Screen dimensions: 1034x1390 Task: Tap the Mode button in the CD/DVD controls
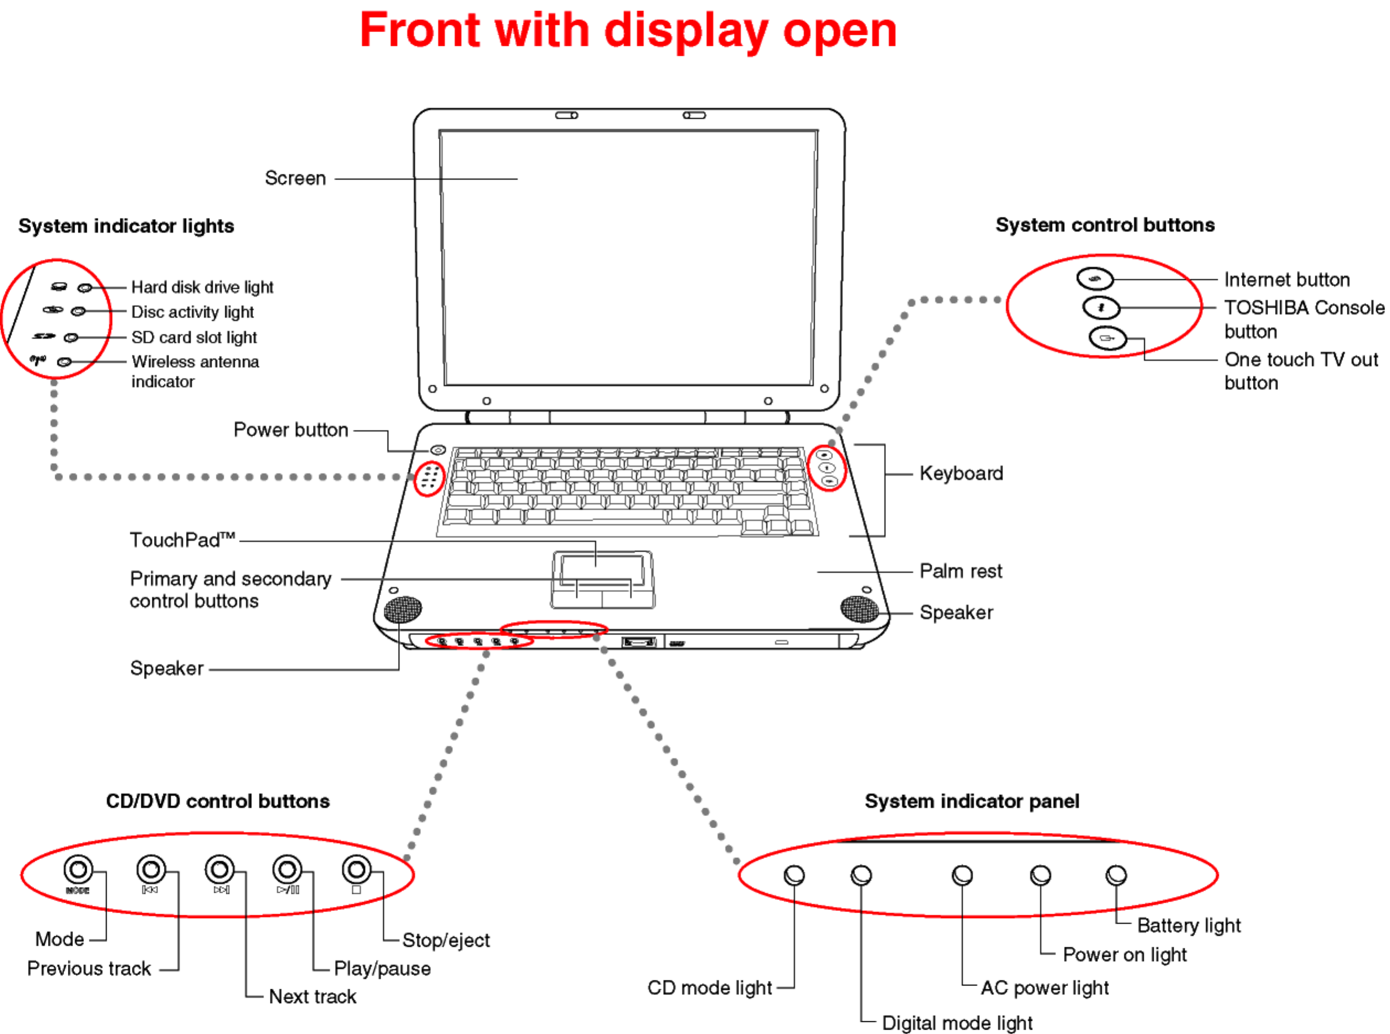pos(78,870)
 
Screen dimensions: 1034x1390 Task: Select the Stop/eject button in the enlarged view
pos(356,870)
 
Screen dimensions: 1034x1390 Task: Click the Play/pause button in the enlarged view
pos(288,870)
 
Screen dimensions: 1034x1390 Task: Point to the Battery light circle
pos(1116,875)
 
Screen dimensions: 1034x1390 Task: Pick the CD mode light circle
pos(794,875)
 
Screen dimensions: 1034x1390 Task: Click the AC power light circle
pos(962,875)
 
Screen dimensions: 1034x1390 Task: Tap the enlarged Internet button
pos(1095,279)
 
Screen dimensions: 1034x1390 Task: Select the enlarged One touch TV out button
pos(1107,339)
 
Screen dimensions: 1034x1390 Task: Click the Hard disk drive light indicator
pos(84,288)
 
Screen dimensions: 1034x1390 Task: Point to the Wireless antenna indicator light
pos(64,362)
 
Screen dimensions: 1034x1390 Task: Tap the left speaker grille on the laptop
pos(402,609)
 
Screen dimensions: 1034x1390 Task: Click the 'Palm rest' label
pos(960,572)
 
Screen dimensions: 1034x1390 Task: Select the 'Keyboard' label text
pos(961,474)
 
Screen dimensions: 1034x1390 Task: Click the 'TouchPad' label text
pos(182,540)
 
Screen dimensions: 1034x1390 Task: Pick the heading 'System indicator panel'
pos(972,801)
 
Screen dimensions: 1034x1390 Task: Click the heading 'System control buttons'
pos(1105,225)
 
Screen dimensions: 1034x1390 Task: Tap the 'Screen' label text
pos(295,178)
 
